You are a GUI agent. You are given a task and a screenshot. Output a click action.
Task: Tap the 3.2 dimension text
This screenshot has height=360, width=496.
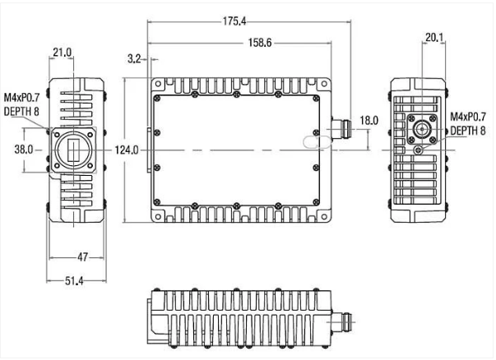[x=137, y=59]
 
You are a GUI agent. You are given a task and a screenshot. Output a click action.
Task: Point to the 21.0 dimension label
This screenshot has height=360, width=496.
[x=63, y=53]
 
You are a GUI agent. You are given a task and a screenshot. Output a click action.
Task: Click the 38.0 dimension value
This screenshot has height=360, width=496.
[x=23, y=150]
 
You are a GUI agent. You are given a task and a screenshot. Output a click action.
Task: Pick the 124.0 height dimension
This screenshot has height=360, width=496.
[x=126, y=150]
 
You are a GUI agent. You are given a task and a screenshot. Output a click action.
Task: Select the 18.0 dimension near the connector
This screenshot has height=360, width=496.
[x=369, y=120]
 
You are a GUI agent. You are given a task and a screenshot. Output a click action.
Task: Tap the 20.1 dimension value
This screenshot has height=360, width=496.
[x=435, y=36]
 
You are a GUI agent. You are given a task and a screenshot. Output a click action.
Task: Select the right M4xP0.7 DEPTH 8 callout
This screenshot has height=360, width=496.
[x=467, y=124]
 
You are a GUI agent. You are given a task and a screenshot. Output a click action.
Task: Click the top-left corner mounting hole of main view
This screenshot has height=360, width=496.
[x=155, y=84]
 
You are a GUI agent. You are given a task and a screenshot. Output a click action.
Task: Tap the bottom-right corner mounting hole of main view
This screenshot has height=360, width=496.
[x=327, y=216]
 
